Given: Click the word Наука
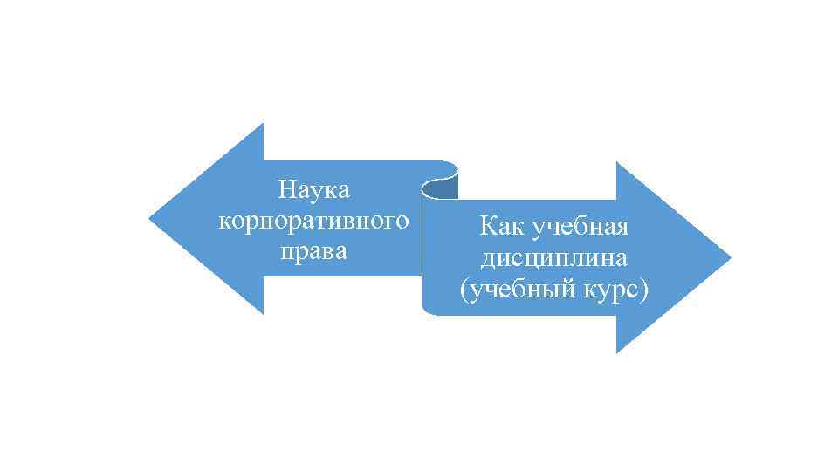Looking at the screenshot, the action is (313, 188).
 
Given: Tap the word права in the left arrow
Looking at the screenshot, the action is (313, 252).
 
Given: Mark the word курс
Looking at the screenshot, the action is (609, 290).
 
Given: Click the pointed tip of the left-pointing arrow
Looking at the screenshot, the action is (151, 218).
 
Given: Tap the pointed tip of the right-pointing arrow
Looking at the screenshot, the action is (730, 258).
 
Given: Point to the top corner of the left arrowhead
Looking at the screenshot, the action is (262, 125).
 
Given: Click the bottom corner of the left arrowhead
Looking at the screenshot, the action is (262, 312).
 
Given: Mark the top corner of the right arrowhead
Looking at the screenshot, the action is (617, 163).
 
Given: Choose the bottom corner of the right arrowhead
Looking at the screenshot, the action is (617, 352).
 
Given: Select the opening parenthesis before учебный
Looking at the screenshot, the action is (464, 291).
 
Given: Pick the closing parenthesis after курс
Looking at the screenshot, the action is (644, 291).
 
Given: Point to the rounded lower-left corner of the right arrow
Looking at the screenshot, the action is (428, 309).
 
